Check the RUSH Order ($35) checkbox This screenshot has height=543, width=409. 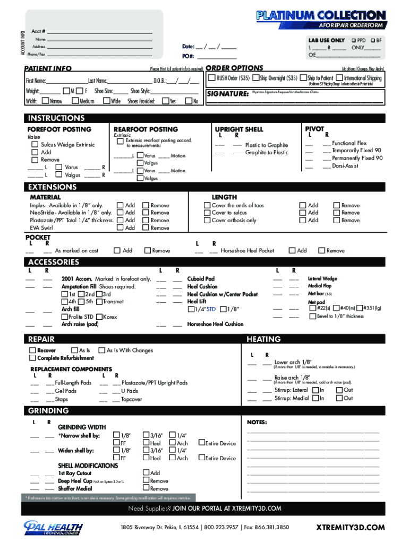(x=212, y=78)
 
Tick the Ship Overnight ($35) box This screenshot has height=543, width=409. (x=256, y=78)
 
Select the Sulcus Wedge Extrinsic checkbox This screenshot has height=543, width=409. (x=35, y=145)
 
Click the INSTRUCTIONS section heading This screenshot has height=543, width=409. (x=56, y=118)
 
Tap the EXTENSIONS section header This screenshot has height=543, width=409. (x=53, y=187)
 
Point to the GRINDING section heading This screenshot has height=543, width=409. (x=48, y=411)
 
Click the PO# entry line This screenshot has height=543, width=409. (x=216, y=56)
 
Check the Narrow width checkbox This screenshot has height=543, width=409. (x=45, y=101)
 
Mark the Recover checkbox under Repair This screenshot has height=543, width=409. (x=33, y=351)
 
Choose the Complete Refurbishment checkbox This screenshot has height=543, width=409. (x=33, y=358)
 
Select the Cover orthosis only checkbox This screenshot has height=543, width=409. (x=207, y=220)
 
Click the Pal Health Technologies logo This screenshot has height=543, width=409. (x=53, y=528)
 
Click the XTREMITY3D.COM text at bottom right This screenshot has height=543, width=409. (x=350, y=527)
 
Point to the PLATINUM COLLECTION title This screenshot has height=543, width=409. (x=321, y=15)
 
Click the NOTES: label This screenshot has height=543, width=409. (x=257, y=422)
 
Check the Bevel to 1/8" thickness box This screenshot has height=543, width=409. (x=313, y=316)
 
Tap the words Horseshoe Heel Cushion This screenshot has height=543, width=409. (x=215, y=324)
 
